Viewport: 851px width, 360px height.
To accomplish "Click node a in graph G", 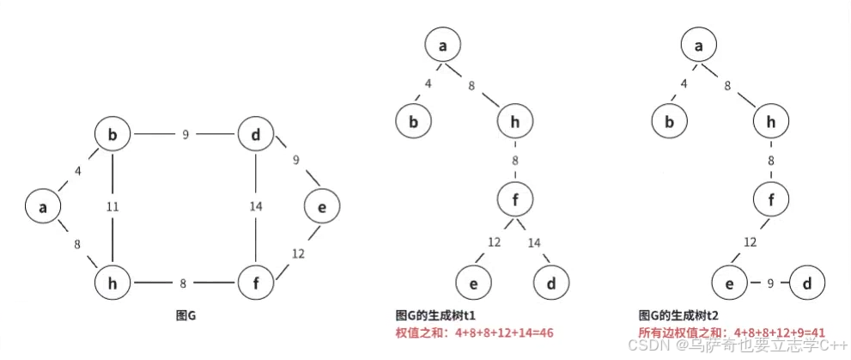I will click(x=43, y=206).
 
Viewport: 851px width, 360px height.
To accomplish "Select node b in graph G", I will click(x=112, y=135).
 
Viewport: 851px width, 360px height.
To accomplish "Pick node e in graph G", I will click(x=321, y=206).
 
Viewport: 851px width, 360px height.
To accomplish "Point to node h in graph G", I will click(x=112, y=281).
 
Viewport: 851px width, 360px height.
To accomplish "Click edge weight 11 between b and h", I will click(x=112, y=207).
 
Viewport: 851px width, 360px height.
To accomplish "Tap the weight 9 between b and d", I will click(x=185, y=135).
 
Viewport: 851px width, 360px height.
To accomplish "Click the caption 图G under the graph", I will click(x=185, y=314).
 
